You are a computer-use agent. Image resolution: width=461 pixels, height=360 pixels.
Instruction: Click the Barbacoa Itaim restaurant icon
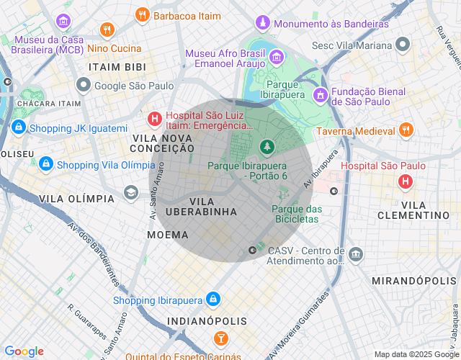(143, 14)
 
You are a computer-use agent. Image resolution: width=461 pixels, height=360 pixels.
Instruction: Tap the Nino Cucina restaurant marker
(108, 30)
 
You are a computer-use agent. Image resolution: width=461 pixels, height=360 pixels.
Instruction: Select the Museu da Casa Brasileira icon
(63, 20)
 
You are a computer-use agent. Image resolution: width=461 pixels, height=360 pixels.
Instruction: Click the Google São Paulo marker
(84, 86)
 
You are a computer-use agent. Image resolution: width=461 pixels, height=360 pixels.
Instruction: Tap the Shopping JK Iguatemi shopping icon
(19, 128)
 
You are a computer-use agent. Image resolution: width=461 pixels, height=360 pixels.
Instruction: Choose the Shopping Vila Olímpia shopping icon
(46, 164)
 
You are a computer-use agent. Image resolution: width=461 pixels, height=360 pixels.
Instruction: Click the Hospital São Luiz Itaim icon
(154, 119)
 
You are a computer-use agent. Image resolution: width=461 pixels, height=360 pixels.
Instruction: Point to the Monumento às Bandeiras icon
(263, 24)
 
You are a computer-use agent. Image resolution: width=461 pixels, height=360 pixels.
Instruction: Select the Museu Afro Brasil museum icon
(277, 56)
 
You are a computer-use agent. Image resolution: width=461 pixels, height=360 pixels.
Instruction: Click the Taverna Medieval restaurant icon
(406, 131)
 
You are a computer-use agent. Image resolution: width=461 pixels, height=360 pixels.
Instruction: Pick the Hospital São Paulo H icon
(406, 181)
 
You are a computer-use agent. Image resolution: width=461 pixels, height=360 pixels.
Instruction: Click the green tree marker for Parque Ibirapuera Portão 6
(267, 147)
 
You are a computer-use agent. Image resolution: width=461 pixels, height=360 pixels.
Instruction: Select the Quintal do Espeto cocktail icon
(220, 338)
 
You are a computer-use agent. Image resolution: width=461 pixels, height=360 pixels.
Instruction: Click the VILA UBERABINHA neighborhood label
(202, 207)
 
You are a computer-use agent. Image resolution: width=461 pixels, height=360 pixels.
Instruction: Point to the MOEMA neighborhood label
(168, 235)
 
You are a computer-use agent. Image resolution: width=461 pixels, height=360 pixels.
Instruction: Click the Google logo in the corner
(24, 351)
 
